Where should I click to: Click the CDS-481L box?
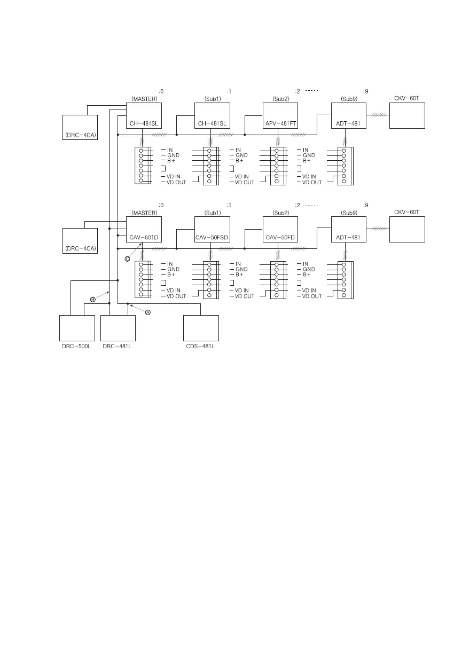[201, 328]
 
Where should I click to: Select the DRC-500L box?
[77, 328]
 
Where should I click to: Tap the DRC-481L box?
[118, 328]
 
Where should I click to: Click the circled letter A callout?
[148, 313]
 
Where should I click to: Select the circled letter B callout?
[92, 300]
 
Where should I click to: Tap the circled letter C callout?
[127, 258]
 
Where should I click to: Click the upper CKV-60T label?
[407, 98]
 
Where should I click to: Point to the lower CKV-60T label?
[407, 212]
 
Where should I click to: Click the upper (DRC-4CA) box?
[80, 128]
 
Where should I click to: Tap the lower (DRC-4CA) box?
[80, 241]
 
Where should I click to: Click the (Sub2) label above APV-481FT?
[280, 99]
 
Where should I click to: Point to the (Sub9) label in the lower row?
[348, 213]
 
